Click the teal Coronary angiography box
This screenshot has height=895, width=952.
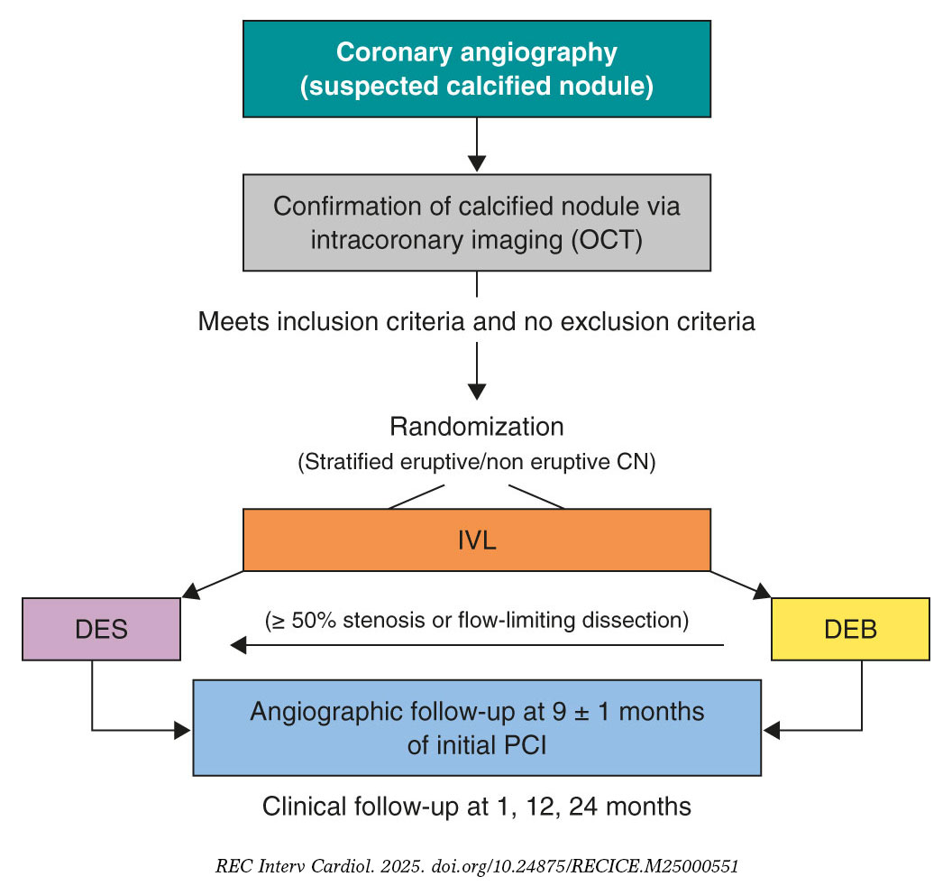tap(476, 69)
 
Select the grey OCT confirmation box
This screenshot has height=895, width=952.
tap(476, 222)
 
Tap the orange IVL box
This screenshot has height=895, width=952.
tap(476, 540)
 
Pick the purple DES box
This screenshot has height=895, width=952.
tap(101, 629)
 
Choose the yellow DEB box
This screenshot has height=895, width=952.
tap(850, 629)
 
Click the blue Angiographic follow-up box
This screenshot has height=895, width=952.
tap(476, 727)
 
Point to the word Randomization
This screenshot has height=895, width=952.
tap(476, 427)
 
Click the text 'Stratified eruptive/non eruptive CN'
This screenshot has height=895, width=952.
tap(476, 462)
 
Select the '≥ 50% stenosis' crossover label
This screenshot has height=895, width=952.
tap(476, 621)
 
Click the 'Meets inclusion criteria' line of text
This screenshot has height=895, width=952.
tap(476, 321)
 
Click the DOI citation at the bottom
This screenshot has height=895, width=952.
tap(476, 866)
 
